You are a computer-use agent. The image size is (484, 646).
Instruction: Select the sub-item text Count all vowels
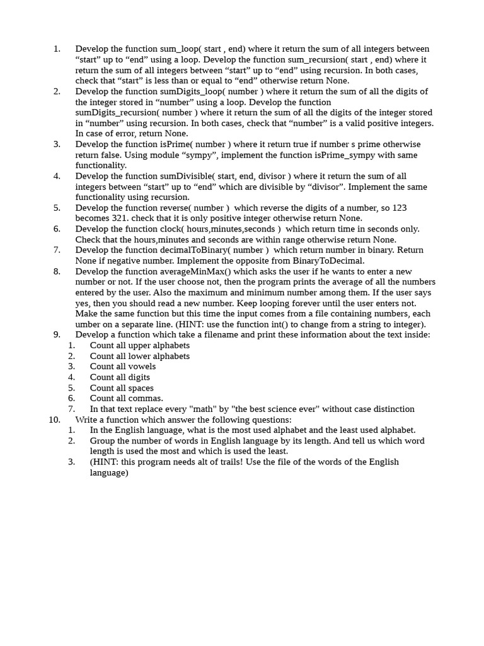(x=123, y=367)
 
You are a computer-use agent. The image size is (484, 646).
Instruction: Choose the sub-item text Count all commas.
(x=126, y=398)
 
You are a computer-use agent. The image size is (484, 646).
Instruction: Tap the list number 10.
(x=54, y=420)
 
